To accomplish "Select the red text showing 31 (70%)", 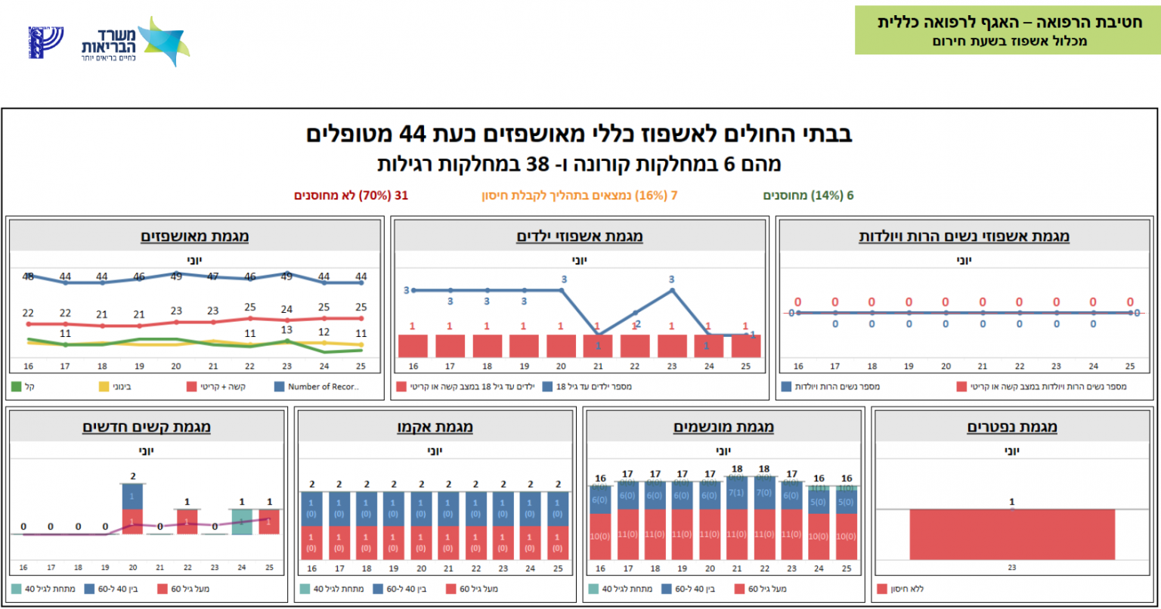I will pos(351,196).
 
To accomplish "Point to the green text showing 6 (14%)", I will pos(808,196).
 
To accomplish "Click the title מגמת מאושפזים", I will pos(195,236).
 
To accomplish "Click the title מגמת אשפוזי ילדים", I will pos(580,236).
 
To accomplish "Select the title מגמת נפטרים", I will pos(1012,428).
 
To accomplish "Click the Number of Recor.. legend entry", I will pos(317,387).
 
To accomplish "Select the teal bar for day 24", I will pos(242,521).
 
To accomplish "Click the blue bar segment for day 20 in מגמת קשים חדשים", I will pos(133,496).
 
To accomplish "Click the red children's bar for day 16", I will pos(413,346).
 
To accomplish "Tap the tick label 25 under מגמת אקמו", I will pos(559,568).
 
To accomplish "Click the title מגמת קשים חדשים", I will pos(147,428).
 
